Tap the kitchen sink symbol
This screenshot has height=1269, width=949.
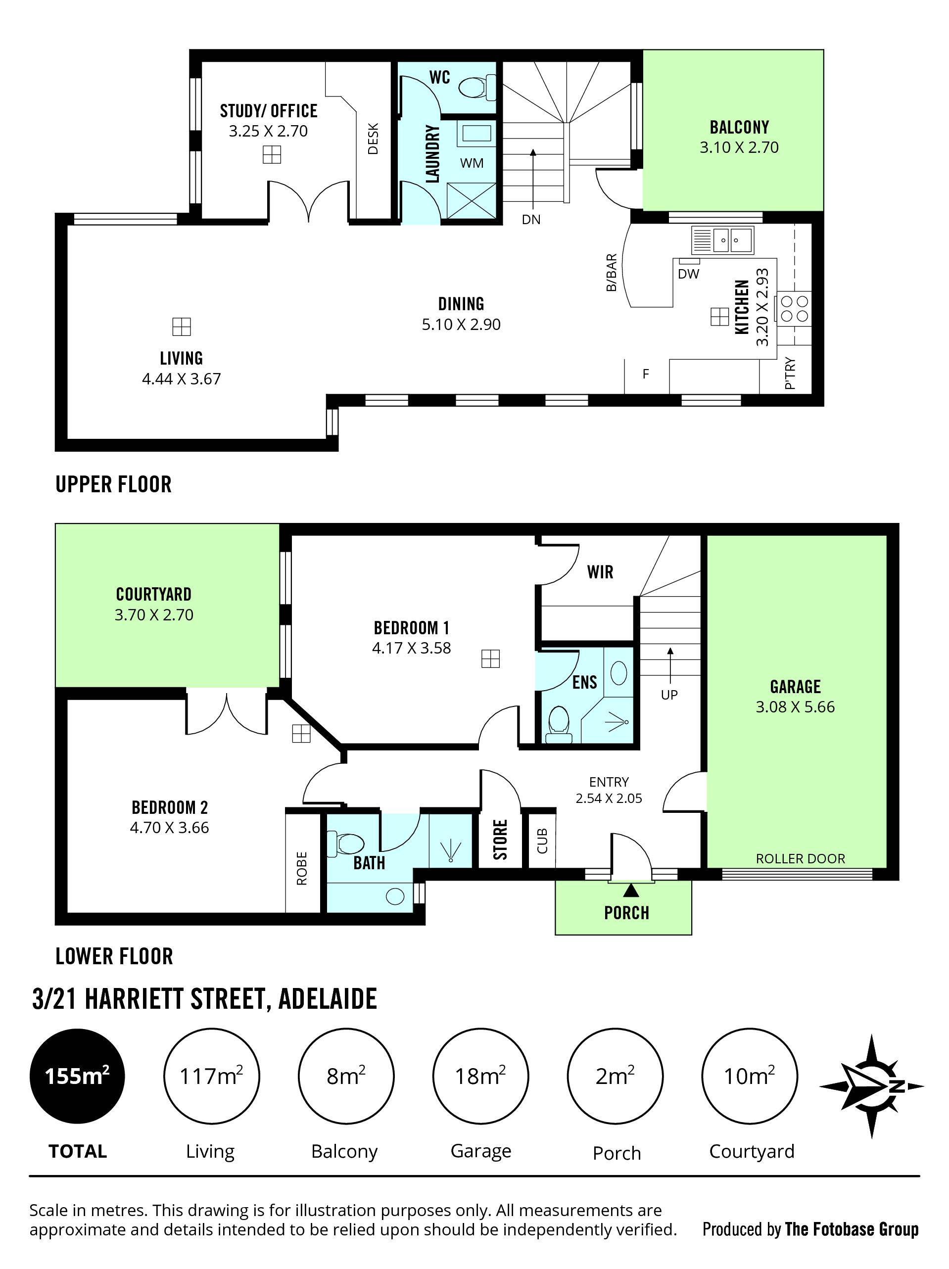(x=722, y=240)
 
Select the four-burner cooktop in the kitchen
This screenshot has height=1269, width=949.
(x=794, y=309)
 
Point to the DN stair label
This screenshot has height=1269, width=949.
(x=531, y=219)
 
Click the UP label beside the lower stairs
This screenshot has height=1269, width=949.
(x=669, y=695)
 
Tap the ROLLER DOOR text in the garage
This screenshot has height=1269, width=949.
(x=800, y=859)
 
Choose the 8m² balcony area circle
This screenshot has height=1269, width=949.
(x=345, y=1076)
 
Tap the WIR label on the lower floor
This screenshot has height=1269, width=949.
(x=600, y=572)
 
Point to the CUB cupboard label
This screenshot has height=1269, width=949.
(x=542, y=841)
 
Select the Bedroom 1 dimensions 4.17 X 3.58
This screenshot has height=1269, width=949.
(x=411, y=648)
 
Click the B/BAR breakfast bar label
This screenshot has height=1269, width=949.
(x=611, y=273)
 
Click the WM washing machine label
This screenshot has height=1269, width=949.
(x=472, y=163)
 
